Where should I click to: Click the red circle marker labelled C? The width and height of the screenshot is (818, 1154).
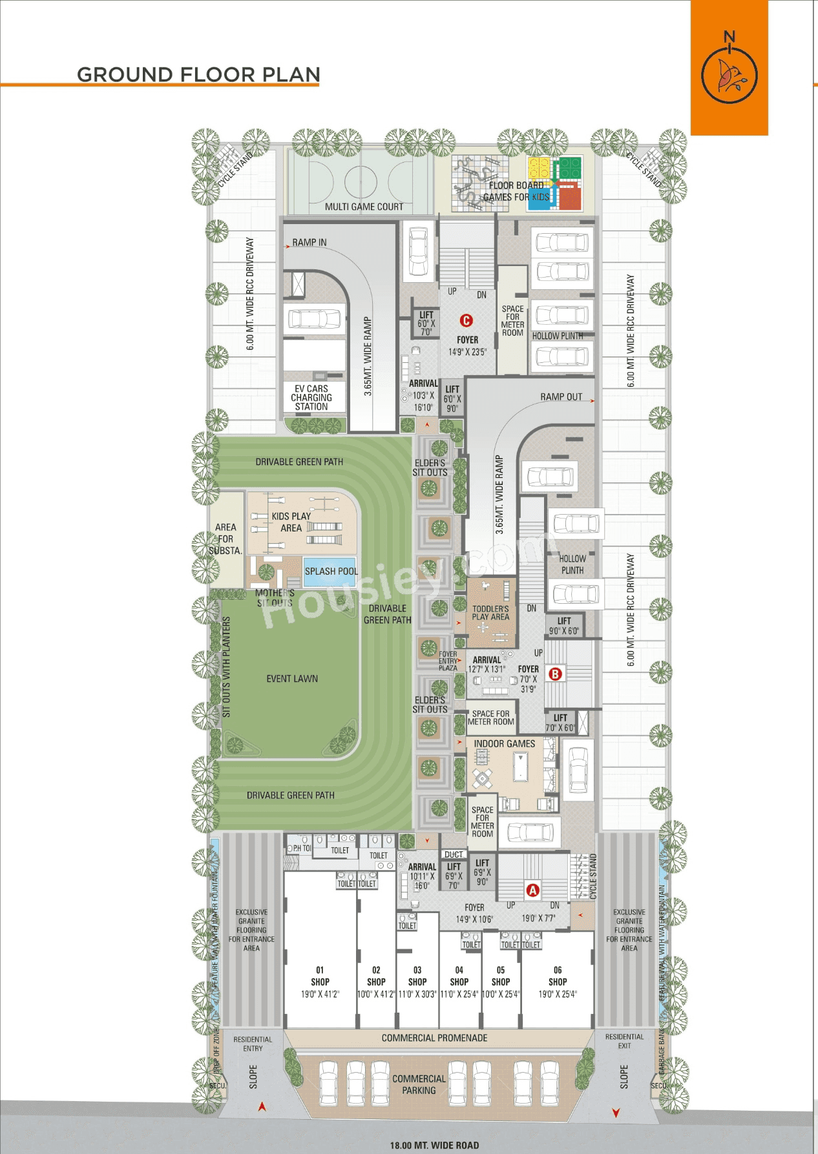click(x=466, y=320)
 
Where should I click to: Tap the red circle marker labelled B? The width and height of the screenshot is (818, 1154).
click(x=555, y=674)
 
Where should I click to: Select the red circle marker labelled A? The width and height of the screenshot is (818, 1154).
click(x=532, y=891)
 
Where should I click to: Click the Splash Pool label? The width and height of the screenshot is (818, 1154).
click(x=331, y=572)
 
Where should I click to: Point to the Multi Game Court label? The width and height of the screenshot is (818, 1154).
click(x=364, y=207)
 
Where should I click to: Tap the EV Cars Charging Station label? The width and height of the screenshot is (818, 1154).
click(x=311, y=398)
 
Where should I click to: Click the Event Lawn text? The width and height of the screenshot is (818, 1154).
click(x=292, y=679)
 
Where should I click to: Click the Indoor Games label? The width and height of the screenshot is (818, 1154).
click(x=505, y=744)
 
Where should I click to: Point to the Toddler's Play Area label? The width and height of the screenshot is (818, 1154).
click(x=490, y=613)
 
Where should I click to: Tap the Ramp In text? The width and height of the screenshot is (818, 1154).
click(x=309, y=243)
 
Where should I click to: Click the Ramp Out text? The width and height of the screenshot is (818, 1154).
click(x=561, y=397)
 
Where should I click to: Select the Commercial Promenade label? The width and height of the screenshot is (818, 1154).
click(x=434, y=1038)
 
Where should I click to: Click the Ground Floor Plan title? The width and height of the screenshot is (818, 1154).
click(x=198, y=74)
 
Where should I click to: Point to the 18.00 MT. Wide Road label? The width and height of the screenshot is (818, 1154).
click(x=434, y=1145)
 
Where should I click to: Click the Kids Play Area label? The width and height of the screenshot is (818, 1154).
click(x=291, y=522)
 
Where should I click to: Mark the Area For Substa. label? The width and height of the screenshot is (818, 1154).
click(x=225, y=539)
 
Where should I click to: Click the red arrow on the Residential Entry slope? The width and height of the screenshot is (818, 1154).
click(x=262, y=1106)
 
